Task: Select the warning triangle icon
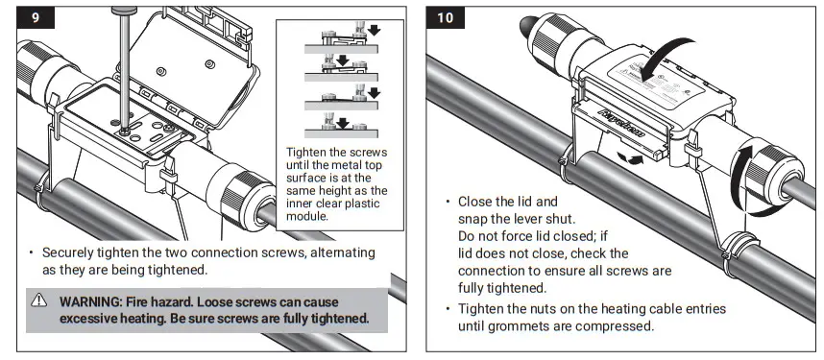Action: [x=39, y=300]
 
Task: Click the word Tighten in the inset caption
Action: [x=308, y=152]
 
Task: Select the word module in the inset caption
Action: [x=311, y=217]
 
